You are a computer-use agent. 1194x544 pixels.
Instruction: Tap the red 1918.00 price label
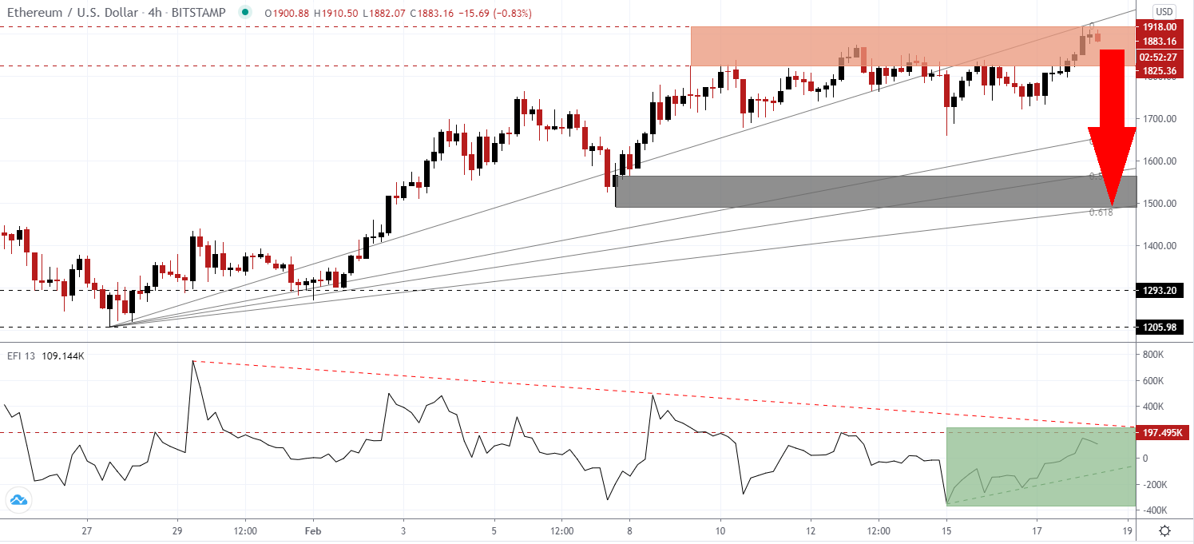click(x=1159, y=27)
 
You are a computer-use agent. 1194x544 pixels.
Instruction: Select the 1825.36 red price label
click(x=1159, y=71)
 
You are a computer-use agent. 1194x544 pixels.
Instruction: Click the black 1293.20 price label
click(x=1159, y=290)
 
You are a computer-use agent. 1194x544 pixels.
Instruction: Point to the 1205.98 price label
click(x=1159, y=327)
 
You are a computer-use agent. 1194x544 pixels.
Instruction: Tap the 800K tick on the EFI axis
click(x=1152, y=354)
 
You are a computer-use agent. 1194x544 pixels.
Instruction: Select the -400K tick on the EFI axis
click(x=1152, y=510)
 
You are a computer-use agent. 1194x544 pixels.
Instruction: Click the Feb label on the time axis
click(x=313, y=530)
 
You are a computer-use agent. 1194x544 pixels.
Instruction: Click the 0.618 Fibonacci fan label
click(x=1101, y=212)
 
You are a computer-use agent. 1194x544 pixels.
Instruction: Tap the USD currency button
click(x=1164, y=11)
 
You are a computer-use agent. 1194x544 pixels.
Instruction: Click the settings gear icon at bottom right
click(x=1165, y=530)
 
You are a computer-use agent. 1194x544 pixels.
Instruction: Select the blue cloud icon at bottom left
click(x=18, y=501)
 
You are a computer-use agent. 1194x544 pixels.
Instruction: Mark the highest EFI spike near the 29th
click(x=192, y=361)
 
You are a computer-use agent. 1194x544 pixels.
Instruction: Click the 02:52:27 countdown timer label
click(x=1159, y=57)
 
